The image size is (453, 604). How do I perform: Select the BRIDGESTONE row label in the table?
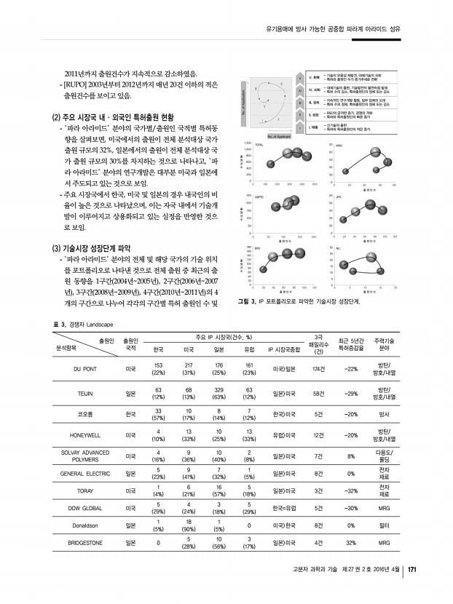coord(84,542)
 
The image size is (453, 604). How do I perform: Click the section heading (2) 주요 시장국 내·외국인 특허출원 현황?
coord(113,117)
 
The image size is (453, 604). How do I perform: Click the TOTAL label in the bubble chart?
coord(259,145)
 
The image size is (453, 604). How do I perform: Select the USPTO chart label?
coord(259,196)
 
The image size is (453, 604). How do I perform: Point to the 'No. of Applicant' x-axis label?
coord(280,135)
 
